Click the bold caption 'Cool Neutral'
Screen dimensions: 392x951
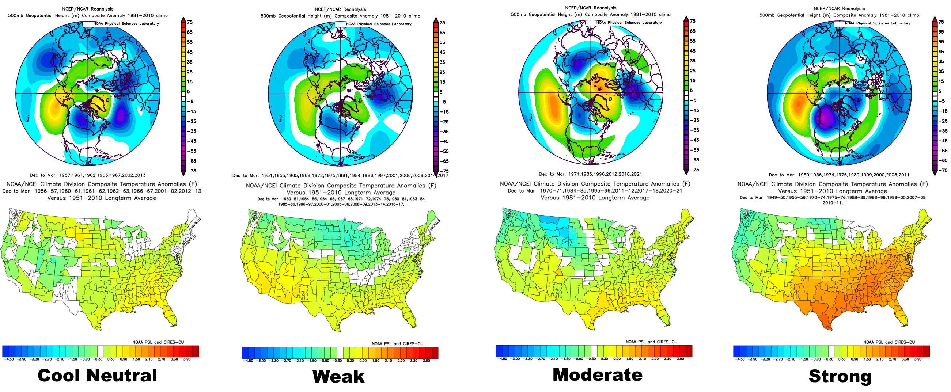[98, 376]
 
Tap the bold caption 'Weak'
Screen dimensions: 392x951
[338, 377]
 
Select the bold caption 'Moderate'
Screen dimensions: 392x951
[597, 375]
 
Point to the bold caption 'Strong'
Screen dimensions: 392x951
[840, 376]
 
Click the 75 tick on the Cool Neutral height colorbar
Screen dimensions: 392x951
[190, 22]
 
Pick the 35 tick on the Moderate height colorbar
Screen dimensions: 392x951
[693, 61]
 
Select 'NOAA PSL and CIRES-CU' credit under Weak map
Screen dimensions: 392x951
[397, 344]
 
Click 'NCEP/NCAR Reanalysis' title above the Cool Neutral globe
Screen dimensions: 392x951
[88, 9]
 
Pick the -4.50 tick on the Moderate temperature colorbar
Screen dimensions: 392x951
[503, 359]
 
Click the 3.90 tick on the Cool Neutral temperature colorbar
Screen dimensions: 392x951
[187, 359]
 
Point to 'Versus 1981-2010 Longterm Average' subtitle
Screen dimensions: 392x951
[595, 198]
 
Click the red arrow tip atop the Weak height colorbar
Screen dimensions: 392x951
[436, 19]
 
